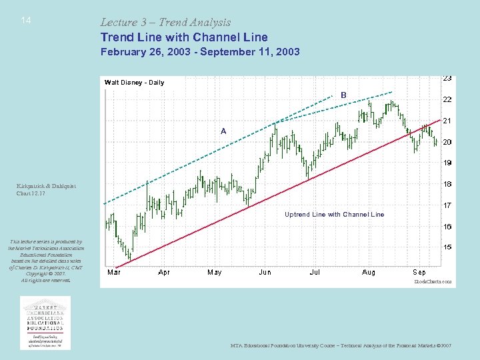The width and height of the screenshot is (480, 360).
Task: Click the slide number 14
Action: [25, 21]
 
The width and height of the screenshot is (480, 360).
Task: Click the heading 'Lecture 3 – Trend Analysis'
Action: [165, 23]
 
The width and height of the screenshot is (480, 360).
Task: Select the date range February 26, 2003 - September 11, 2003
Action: [200, 51]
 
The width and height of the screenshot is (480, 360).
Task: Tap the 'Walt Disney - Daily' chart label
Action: [134, 83]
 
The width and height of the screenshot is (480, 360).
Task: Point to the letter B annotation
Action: [343, 95]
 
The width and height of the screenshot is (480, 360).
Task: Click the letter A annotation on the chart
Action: [223, 131]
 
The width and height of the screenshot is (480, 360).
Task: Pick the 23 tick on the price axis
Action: [448, 78]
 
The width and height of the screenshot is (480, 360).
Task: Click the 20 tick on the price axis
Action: [448, 142]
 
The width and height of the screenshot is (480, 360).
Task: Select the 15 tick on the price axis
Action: [448, 247]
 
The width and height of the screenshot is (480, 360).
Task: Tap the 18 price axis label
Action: [448, 184]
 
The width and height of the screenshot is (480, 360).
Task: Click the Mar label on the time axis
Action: [114, 272]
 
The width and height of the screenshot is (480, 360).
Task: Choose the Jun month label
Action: [265, 272]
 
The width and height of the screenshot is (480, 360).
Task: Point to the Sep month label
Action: [419, 272]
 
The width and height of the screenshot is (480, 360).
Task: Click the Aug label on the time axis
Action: [368, 272]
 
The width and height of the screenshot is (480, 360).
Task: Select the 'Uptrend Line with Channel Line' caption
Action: [334, 215]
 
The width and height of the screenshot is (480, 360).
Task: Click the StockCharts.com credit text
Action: [433, 282]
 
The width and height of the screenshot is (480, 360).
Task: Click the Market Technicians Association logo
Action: [45, 323]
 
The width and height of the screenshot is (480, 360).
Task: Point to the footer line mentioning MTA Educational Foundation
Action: [341, 346]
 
